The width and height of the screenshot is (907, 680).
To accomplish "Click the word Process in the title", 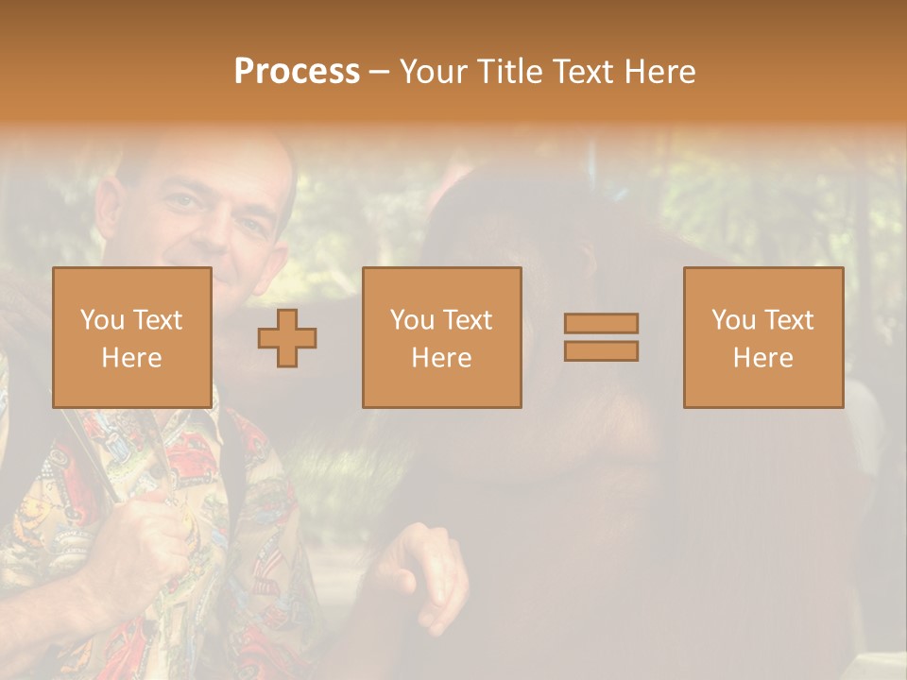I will coord(297,72).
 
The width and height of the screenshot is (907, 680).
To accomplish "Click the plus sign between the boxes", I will coord(287,337).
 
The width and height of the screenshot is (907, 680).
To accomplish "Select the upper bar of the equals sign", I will coord(601,323).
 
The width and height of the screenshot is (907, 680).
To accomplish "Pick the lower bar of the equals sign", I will coord(601,350).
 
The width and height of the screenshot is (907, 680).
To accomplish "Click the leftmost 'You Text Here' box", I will coord(131,337).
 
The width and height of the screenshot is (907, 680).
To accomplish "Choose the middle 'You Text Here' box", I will coord(441,337).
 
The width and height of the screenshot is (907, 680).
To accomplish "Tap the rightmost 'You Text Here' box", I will coord(762,337).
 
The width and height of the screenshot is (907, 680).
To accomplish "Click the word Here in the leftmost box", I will coord(131,358).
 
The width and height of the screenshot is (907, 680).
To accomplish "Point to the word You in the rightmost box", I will coord(733,320).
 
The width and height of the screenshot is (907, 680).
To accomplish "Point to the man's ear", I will coord(109,203).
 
